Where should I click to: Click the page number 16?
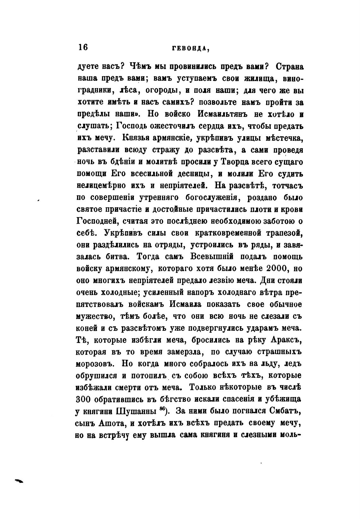pos(83,47)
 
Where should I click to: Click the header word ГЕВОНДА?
pos(191,48)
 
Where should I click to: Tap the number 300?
pos(84,399)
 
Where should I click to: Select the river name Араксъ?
pos(287,340)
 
